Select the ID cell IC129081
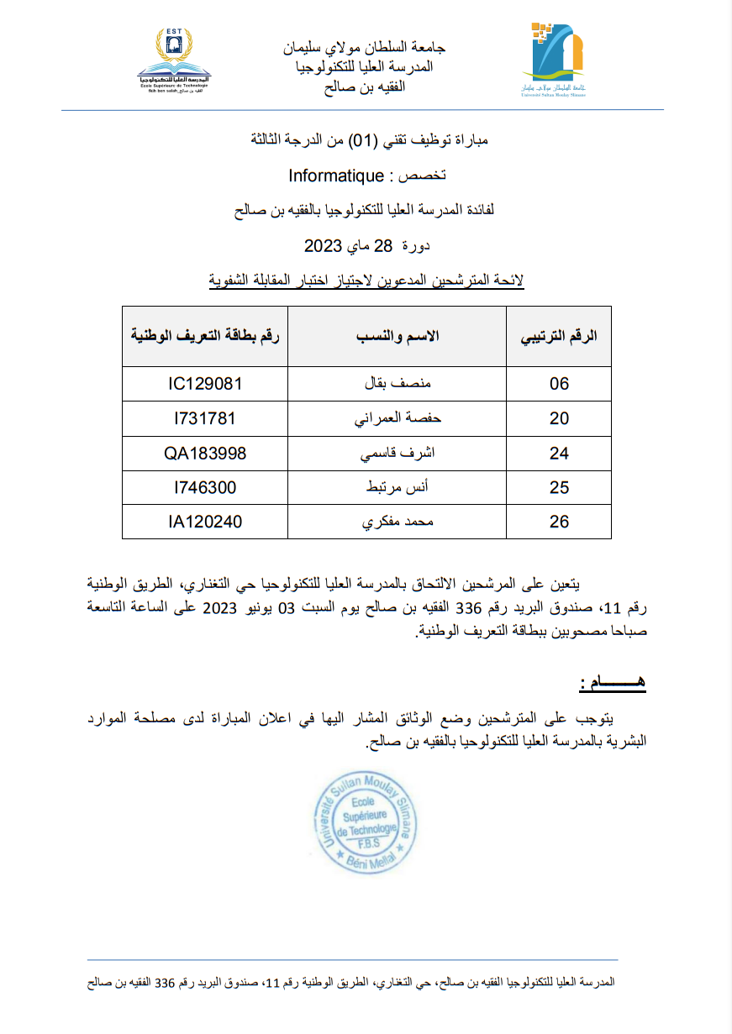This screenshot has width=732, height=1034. [x=205, y=384]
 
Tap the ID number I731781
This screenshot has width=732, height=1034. [x=205, y=418]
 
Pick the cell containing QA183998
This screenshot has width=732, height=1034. [x=205, y=454]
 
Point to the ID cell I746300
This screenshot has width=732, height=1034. [x=205, y=487]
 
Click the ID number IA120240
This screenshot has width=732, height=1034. [x=205, y=522]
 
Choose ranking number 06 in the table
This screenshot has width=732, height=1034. [x=559, y=384]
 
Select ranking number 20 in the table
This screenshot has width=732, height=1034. [x=559, y=418]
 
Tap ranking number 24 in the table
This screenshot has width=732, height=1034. [x=559, y=454]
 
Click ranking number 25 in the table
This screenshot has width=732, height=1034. [x=559, y=487]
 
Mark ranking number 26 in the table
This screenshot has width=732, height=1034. [x=559, y=522]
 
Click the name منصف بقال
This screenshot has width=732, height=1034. [x=397, y=384]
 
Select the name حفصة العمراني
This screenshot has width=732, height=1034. [x=397, y=418]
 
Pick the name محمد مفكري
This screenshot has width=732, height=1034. [x=397, y=522]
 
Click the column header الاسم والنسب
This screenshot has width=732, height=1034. [x=397, y=336]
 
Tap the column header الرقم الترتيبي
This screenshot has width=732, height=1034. [x=559, y=336]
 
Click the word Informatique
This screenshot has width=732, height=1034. [x=336, y=176]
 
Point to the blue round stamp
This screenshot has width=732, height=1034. [x=366, y=821]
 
